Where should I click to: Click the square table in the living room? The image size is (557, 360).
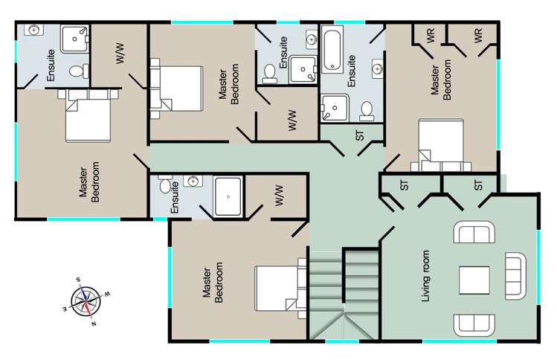click(474, 280)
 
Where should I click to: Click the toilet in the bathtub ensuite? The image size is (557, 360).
click(367, 110)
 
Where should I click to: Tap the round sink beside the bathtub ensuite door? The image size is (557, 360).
click(377, 70)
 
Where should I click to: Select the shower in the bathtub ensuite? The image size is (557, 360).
click(335, 108)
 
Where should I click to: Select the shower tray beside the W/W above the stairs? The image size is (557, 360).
click(228, 196)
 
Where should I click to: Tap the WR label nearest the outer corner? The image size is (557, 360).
click(477, 35)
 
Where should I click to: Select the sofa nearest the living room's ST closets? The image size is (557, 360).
click(474, 234)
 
